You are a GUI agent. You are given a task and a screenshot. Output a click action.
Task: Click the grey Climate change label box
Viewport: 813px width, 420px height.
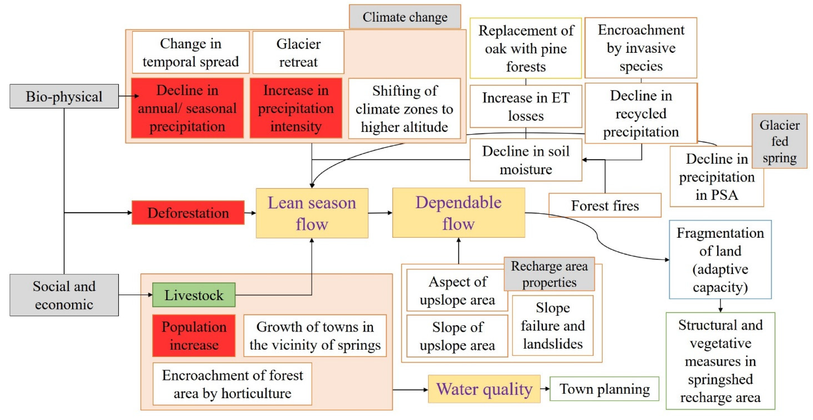[x=405, y=17]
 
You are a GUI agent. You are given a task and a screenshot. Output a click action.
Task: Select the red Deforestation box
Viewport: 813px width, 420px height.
[x=188, y=213]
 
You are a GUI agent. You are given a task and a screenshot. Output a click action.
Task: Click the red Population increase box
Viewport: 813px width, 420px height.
[x=194, y=336]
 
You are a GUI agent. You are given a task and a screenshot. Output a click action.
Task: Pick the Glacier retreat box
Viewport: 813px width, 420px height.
[x=298, y=53]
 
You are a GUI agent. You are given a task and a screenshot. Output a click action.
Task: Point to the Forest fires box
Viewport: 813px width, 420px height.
[x=605, y=206]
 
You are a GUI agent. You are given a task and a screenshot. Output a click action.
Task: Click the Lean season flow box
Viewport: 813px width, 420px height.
[x=312, y=213]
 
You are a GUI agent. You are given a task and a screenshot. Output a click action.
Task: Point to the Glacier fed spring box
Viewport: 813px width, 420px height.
[x=779, y=141]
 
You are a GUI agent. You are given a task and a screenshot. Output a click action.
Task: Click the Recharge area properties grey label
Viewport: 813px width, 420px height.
[x=549, y=274]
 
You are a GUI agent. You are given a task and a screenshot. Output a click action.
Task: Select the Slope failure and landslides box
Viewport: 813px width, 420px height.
[x=553, y=325]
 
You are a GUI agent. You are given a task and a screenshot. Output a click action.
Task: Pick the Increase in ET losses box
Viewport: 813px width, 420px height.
[x=526, y=106]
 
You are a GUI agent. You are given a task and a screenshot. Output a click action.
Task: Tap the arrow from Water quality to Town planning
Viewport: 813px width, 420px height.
[x=545, y=389]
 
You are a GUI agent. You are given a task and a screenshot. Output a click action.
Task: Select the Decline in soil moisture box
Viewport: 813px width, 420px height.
[x=526, y=160]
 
